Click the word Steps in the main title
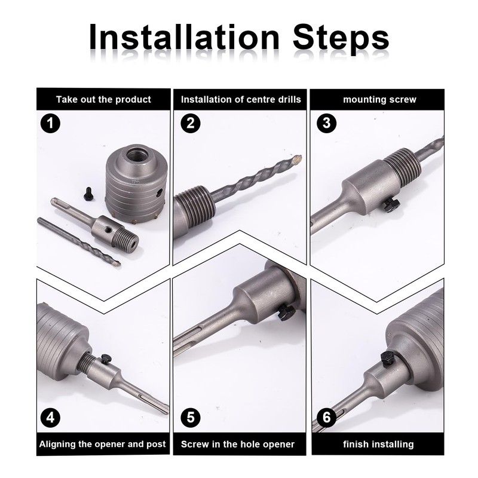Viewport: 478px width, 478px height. [341, 39]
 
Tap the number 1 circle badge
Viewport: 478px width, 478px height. [50, 123]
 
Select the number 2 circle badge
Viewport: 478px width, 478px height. [191, 123]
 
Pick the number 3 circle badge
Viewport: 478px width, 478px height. [326, 123]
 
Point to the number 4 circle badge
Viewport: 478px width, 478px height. [50, 417]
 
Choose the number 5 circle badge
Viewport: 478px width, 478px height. [191, 417]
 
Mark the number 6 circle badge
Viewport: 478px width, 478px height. [326, 417]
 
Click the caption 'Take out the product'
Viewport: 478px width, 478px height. [103, 100]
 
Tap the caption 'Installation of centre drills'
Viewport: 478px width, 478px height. [241, 100]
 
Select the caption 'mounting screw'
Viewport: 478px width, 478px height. [379, 100]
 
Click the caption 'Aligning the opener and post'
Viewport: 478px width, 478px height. [102, 444]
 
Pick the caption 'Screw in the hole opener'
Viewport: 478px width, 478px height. [238, 444]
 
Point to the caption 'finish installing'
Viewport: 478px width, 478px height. [378, 445]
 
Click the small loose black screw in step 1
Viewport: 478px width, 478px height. [88, 193]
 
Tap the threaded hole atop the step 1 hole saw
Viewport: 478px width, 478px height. [136, 156]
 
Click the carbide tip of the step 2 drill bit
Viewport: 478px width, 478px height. [296, 159]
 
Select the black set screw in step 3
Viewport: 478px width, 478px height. [391, 205]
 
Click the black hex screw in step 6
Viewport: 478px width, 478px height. [387, 358]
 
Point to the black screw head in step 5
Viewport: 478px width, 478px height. [286, 312]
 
